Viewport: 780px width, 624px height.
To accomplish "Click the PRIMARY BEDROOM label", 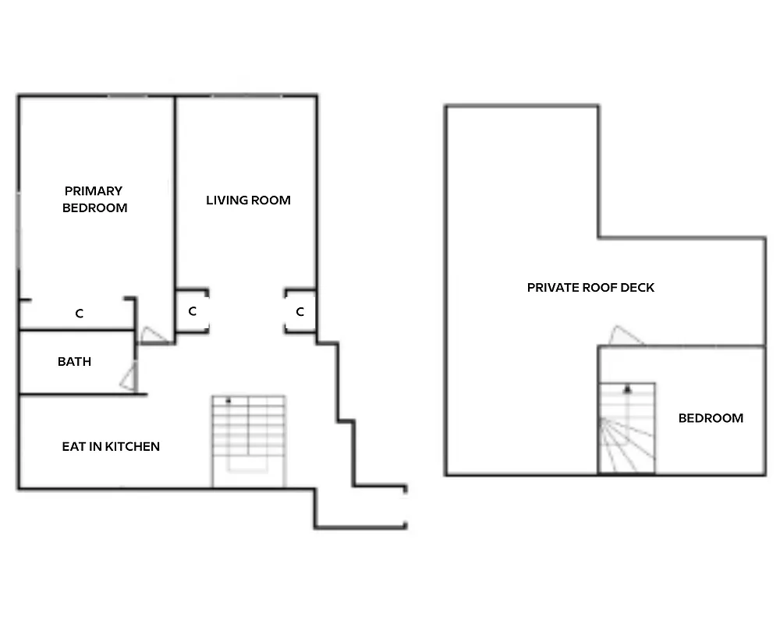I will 94,199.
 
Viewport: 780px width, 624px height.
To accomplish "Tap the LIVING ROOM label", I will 248,200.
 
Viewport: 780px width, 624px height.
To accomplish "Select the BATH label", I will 74,362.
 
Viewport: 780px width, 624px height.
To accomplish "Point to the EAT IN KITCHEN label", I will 111,447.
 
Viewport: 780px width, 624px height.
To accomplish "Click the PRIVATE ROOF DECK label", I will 590,288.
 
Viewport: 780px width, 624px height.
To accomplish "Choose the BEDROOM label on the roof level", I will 711,418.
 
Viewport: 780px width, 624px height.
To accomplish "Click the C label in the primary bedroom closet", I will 79,314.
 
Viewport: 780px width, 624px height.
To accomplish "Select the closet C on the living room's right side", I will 300,312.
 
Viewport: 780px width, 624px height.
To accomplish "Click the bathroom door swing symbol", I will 129,378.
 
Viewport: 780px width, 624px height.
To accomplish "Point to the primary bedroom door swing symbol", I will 153,335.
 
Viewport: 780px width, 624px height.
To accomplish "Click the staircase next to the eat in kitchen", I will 249,441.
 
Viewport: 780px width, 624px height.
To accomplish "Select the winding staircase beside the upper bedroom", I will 626,428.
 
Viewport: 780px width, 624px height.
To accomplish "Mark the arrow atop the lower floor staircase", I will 229,400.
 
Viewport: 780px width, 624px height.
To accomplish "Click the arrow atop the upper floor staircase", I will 626,388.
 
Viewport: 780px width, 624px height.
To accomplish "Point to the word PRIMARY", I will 94,191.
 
